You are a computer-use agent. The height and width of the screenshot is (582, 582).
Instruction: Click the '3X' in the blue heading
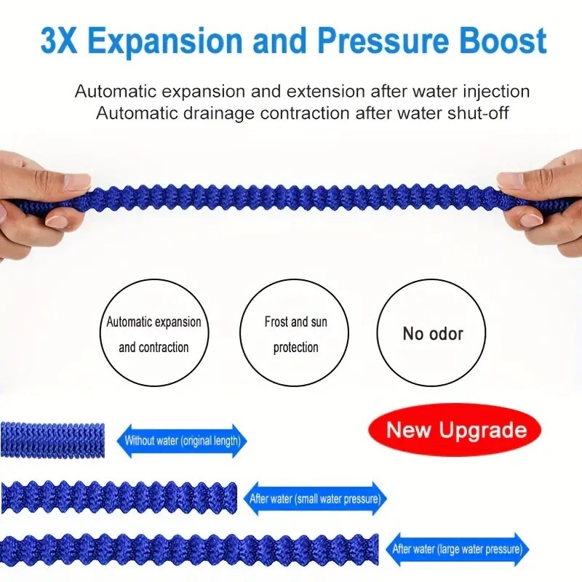59,41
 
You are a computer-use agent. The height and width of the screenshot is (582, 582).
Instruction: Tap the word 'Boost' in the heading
503,41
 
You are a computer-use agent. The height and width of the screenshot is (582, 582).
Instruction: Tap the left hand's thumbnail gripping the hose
77,183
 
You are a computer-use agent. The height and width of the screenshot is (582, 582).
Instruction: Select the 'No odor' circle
431,332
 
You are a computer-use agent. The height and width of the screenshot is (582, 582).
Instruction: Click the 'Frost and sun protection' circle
294,332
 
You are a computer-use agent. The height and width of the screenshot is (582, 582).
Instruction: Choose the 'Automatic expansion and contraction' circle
154,332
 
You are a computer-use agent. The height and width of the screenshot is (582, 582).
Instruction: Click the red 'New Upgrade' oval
455,430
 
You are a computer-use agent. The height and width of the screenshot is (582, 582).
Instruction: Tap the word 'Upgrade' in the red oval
483,431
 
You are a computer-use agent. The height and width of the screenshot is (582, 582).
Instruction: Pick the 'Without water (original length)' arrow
182,441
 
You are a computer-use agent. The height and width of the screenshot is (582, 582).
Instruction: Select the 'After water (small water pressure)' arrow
315,499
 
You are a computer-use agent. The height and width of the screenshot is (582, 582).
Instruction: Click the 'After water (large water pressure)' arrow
458,549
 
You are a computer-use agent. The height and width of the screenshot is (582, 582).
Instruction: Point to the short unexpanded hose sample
52,440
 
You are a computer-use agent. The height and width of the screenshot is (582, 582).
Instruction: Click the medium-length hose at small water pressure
119,498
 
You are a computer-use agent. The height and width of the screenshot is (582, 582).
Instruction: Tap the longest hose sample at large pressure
189,550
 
